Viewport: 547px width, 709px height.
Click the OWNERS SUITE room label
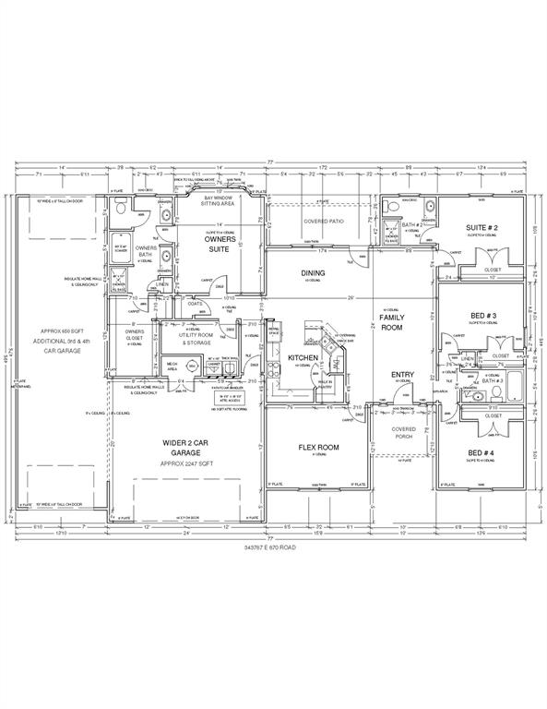[x=220, y=244]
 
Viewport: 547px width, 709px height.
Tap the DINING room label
[x=313, y=273]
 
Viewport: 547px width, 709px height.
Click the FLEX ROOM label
[x=318, y=448]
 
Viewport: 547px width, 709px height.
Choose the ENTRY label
[x=401, y=375]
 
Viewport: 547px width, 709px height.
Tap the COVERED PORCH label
[x=403, y=433]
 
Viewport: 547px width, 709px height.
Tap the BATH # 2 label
[x=410, y=224]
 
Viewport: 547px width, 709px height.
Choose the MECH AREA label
[x=172, y=367]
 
